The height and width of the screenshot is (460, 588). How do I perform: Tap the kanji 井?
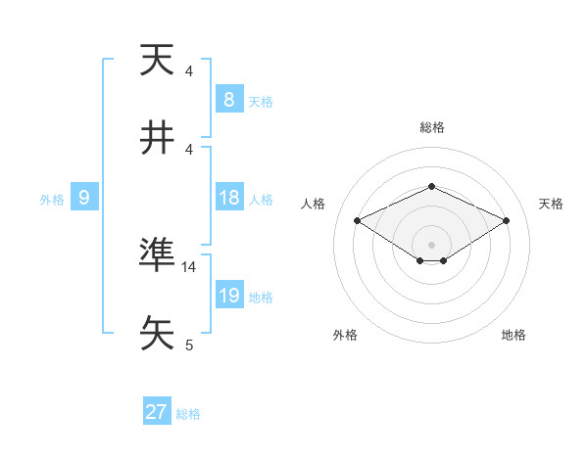(x=157, y=138)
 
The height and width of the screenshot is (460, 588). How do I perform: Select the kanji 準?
(x=157, y=254)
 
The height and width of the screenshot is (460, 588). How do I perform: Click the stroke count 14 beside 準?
(x=189, y=266)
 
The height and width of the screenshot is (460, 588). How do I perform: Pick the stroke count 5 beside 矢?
(x=189, y=345)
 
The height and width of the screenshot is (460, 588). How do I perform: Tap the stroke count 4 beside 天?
(x=189, y=71)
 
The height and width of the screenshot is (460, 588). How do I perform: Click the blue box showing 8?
(x=228, y=99)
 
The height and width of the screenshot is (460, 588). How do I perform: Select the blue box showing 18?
(x=228, y=198)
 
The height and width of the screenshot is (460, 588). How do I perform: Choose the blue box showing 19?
(x=228, y=296)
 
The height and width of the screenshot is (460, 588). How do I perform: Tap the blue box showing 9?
(x=84, y=198)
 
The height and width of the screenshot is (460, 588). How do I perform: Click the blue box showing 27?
(x=156, y=412)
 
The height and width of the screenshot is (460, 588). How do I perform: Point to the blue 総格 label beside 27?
(x=188, y=414)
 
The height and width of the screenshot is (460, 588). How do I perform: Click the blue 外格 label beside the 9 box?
(x=52, y=200)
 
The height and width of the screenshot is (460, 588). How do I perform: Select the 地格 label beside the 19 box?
(x=261, y=298)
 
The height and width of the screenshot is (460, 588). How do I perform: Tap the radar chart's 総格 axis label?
(x=431, y=127)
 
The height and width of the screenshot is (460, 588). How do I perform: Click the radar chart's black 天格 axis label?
(x=551, y=204)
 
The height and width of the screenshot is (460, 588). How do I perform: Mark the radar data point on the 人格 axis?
(x=357, y=220)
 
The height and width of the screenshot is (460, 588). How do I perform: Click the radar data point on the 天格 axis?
(x=507, y=220)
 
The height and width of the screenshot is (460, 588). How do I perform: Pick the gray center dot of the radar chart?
(x=431, y=244)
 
